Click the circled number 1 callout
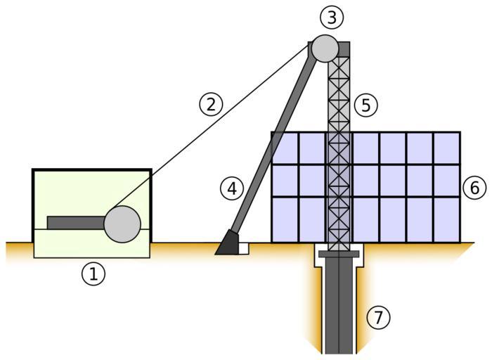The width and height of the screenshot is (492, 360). (x=92, y=274)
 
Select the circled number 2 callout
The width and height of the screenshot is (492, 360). (x=211, y=105)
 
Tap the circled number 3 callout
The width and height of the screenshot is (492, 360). (x=330, y=15)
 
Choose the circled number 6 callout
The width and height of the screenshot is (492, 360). (x=474, y=188)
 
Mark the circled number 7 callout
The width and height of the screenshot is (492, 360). (x=379, y=318)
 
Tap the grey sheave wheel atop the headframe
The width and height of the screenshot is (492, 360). (x=325, y=48)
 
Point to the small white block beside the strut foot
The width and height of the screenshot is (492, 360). (x=243, y=247)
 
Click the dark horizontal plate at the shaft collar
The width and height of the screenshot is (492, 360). (x=339, y=253)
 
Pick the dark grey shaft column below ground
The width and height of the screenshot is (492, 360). (x=339, y=309)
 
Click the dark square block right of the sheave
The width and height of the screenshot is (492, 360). (x=344, y=49)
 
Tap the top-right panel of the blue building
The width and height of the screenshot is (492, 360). (x=446, y=148)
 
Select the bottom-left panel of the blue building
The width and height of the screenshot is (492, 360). (x=285, y=219)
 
